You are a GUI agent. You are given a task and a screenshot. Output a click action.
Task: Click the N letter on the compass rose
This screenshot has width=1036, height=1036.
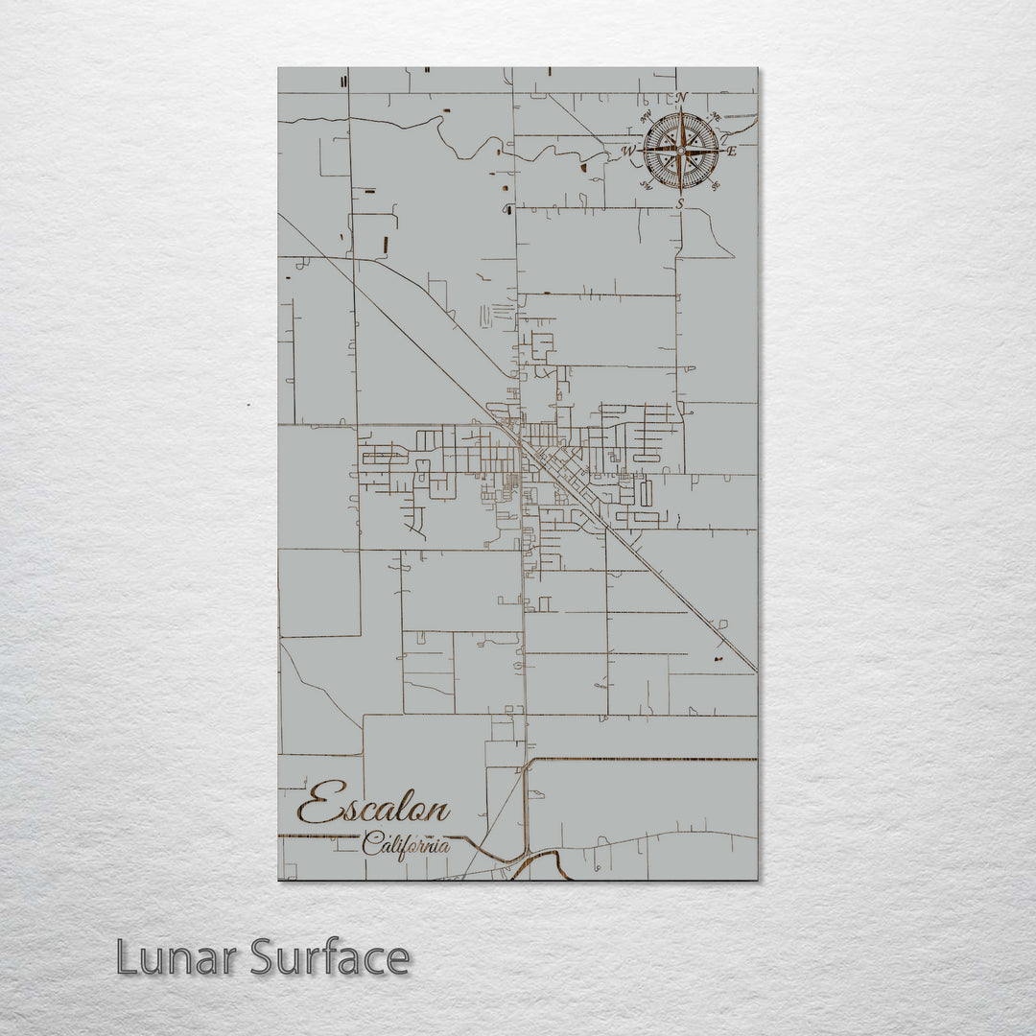pos(681,98)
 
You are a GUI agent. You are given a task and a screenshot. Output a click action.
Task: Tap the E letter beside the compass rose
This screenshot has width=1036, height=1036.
pos(731,151)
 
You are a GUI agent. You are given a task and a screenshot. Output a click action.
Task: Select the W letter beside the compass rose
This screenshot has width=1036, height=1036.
pos(629,152)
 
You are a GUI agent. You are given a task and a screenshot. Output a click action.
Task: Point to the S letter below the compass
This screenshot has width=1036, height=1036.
pos(680,203)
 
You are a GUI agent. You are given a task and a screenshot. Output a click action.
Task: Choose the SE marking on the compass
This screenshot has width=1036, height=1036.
pos(714,184)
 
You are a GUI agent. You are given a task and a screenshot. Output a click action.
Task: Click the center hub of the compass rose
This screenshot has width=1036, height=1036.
pos(681,151)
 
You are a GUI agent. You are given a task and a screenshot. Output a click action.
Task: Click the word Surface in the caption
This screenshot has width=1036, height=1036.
pos(331,957)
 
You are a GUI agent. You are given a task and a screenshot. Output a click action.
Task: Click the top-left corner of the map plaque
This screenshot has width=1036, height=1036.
pos(279,68)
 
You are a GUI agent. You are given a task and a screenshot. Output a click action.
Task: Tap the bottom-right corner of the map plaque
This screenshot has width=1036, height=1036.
pos(757,879)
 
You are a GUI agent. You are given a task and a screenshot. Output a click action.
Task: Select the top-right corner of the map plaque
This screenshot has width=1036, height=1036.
pos(757,68)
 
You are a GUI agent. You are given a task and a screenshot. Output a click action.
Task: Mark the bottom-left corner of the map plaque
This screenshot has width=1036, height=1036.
pos(279,879)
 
